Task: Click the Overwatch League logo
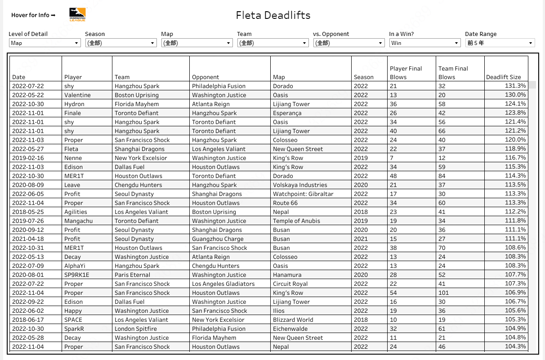pos(77,15)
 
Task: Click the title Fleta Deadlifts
pos(273,15)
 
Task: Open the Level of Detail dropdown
pos(45,43)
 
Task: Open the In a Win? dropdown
pos(424,43)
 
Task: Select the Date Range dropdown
pos(500,43)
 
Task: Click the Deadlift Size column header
pos(503,77)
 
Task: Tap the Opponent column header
pos(205,77)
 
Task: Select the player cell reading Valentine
pos(77,95)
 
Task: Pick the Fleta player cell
pos(71,149)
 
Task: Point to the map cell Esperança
pos(287,113)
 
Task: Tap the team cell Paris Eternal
pos(132,275)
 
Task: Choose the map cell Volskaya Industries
pos(300,185)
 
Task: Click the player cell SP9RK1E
pos(77,275)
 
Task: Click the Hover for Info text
pos(33,15)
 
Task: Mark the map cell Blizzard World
pos(293,320)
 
